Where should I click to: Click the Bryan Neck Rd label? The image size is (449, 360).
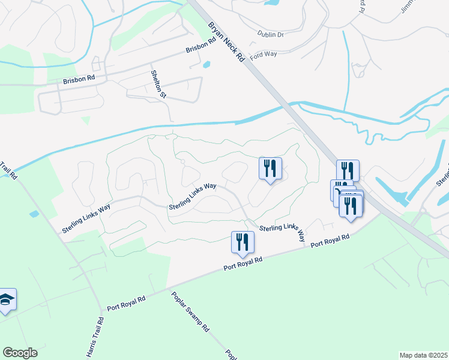pos(226,43)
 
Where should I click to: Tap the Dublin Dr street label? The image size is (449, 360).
pos(270,35)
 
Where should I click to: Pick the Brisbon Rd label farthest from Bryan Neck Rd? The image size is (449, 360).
pos(79,79)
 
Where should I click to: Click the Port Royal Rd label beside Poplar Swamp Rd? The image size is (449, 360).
pos(127,303)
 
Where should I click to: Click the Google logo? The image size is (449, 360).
pos(20,353)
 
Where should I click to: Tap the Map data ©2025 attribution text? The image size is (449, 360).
pos(423,355)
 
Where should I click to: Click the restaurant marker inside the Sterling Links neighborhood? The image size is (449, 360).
pos(270,168)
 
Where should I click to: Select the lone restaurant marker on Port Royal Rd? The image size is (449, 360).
pos(243,242)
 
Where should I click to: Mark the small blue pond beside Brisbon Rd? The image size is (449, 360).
pos(207,64)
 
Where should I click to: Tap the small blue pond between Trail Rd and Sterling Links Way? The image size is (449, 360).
pos(34,214)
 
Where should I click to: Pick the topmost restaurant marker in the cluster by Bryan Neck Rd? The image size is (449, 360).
pos(348,170)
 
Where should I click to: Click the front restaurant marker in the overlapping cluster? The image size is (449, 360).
pos(351,205)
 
